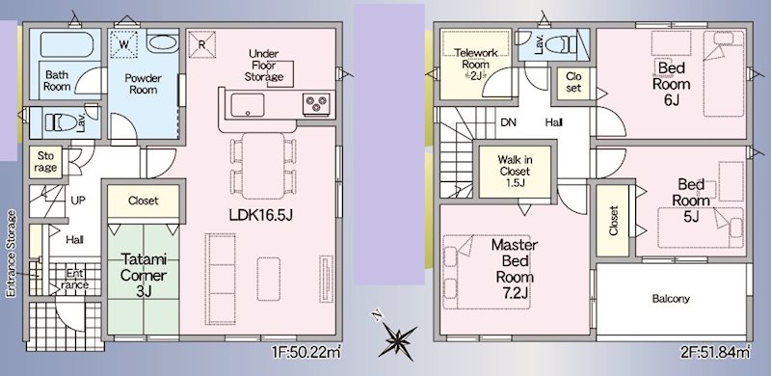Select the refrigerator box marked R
[x=201, y=43]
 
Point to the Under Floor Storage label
[x=264, y=65]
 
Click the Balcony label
[x=671, y=299]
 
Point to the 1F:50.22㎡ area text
[x=306, y=355]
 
